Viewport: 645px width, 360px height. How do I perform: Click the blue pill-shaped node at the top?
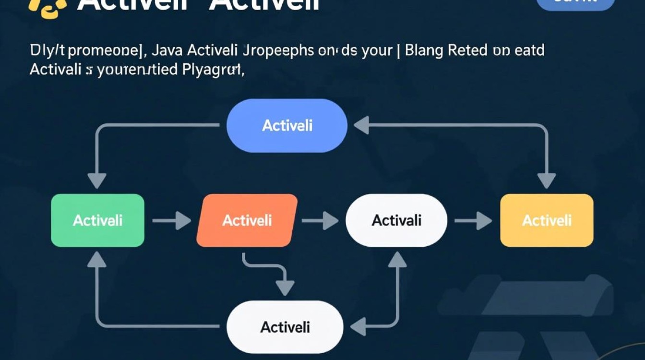287,126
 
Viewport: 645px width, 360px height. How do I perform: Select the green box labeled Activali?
97,220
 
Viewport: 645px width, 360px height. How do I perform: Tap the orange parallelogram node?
247,220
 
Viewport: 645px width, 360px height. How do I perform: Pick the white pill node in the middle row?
396,220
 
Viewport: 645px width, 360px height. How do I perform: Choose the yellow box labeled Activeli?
547,220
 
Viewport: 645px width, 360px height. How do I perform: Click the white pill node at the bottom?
285,327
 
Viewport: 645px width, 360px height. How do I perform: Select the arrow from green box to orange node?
172,221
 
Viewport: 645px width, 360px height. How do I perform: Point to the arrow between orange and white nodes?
320,221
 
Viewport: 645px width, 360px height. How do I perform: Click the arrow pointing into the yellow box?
473,221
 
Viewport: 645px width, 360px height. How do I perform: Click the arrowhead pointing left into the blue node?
361,126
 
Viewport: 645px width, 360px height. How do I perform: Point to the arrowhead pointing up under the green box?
97,260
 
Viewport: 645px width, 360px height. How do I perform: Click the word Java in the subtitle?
169,50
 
